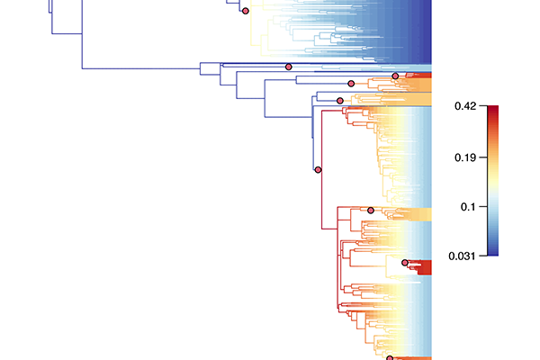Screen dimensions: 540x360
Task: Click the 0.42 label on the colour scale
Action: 465,106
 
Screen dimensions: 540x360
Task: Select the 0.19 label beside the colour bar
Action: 465,157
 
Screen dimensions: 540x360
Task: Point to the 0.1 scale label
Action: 468,207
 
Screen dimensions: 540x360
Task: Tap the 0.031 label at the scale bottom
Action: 463,256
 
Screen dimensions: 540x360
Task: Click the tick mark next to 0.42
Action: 483,106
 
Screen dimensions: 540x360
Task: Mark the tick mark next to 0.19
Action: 483,157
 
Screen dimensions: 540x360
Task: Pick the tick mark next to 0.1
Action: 483,207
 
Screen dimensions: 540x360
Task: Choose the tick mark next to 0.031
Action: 483,256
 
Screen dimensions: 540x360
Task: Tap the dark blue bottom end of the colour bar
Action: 493,254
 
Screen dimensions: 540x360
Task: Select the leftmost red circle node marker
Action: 245,11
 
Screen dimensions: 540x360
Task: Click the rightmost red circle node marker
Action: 405,263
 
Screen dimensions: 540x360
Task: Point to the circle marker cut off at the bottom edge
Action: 390,358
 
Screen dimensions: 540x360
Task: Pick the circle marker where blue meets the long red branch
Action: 319,170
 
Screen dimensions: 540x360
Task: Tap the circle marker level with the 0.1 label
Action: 371,210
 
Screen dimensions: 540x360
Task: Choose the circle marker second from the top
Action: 289,67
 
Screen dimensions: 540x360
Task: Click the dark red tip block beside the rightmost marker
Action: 424,267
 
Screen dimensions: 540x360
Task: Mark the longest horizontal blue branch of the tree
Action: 141,68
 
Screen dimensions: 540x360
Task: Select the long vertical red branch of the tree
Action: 322,170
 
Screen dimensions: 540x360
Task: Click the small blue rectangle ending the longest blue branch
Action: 210,68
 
